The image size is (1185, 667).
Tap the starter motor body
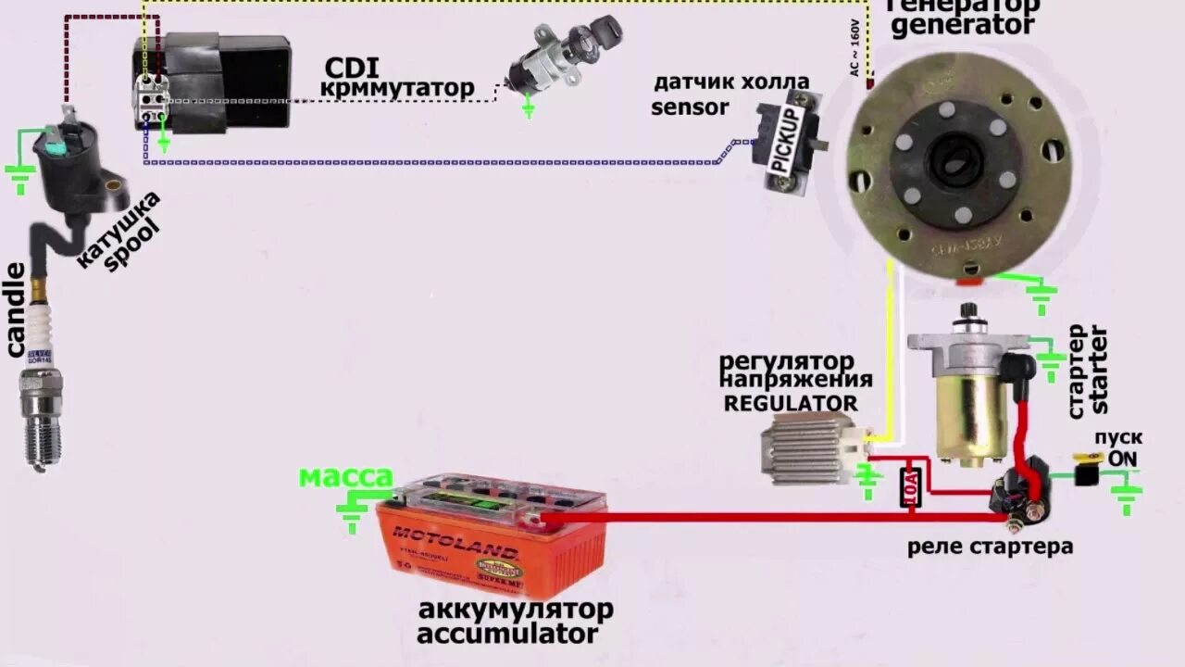967,398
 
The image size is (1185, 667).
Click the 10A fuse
910,486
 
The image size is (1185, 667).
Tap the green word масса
345,478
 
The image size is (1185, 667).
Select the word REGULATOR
790,403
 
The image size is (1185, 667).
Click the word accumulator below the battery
507,635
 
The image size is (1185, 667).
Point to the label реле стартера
990,547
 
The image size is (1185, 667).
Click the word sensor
690,107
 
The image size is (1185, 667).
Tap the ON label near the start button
1122,459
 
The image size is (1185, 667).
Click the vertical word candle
16,310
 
